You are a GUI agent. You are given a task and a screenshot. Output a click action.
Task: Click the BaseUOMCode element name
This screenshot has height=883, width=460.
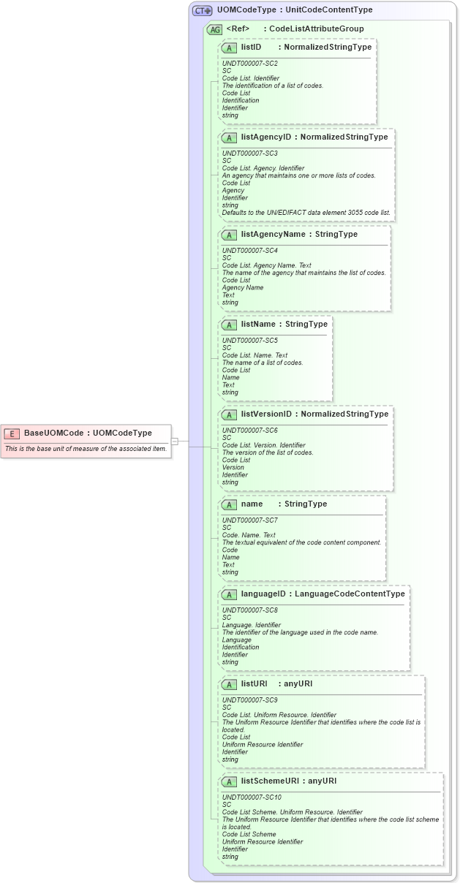(x=53, y=433)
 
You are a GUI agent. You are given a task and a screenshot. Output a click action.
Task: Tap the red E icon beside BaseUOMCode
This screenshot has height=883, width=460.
(x=12, y=433)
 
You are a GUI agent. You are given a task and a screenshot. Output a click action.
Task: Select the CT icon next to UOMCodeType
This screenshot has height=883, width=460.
(x=202, y=10)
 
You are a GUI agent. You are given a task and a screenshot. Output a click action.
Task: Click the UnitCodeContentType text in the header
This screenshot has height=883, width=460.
(x=333, y=10)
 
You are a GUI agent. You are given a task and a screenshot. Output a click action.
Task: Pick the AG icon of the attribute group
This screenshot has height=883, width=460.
(x=214, y=29)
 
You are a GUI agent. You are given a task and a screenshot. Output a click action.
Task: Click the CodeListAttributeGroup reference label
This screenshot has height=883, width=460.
(x=316, y=29)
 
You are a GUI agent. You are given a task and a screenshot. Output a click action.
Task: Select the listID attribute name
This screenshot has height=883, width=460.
(x=252, y=47)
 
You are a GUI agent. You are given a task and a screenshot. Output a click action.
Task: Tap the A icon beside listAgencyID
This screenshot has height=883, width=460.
(x=229, y=137)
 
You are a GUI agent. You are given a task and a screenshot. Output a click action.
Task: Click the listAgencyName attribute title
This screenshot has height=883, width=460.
(x=268, y=235)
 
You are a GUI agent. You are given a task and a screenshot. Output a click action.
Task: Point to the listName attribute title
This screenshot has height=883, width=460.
(x=258, y=325)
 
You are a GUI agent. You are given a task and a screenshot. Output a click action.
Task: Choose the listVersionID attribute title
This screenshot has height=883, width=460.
(x=266, y=414)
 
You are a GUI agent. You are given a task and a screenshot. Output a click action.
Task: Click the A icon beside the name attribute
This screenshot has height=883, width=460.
(x=229, y=504)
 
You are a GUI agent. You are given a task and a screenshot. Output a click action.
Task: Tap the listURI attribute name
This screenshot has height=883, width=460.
(x=254, y=684)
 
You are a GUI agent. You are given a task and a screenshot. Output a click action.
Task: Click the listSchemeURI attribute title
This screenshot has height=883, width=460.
(x=270, y=781)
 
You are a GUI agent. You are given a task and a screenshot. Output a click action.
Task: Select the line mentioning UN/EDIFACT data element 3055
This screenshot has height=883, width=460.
(x=306, y=213)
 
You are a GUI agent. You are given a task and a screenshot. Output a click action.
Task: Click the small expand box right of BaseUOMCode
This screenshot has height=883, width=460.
(x=175, y=441)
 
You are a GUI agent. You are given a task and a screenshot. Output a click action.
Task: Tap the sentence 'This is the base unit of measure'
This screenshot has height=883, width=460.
(x=86, y=449)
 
